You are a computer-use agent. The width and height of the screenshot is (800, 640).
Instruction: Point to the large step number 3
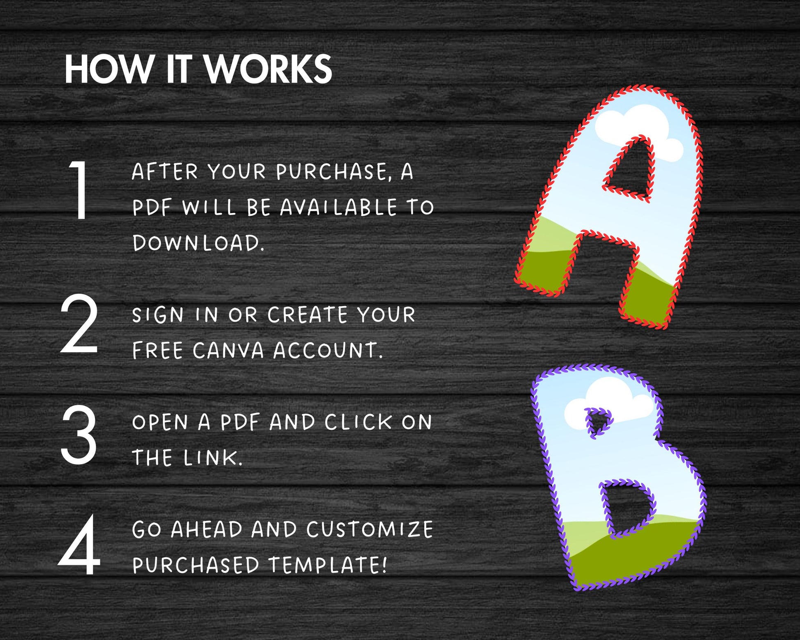click(x=79, y=434)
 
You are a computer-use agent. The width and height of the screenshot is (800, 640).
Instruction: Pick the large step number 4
click(x=79, y=545)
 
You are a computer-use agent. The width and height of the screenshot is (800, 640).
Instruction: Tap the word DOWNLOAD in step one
click(x=198, y=243)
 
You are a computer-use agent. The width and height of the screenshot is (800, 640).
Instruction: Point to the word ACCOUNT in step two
click(x=328, y=351)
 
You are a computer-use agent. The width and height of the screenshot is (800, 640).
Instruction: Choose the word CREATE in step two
click(x=308, y=315)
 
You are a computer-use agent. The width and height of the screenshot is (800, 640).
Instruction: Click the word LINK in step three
click(x=213, y=457)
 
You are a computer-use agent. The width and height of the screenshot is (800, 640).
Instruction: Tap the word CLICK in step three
click(x=358, y=422)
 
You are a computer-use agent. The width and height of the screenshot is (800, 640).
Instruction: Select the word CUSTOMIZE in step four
click(x=370, y=529)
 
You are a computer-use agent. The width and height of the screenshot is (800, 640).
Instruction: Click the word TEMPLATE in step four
click(x=327, y=565)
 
